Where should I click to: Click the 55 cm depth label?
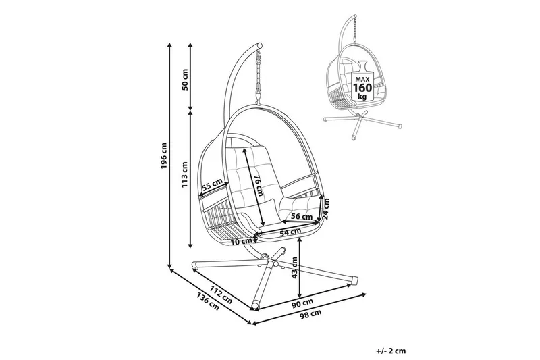tap(215, 184)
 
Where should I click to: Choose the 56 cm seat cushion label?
tap(301, 217)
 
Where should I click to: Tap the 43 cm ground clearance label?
tap(296, 269)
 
